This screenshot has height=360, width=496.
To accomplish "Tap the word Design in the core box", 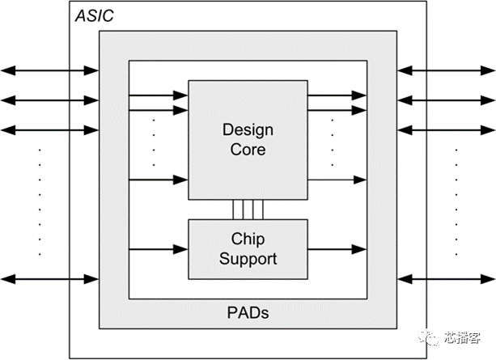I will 248,130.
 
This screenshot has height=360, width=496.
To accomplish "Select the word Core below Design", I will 248,150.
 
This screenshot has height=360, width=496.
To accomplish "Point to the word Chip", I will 248,240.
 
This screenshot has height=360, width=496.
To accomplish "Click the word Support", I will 248,259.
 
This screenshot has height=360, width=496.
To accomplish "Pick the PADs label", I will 248,312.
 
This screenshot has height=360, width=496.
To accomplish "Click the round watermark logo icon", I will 433,337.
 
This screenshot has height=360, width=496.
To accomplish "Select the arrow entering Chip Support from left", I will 159,248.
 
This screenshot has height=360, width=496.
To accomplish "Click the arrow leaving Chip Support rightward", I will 337,248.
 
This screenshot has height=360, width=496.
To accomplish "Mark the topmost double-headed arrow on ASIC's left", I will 49,71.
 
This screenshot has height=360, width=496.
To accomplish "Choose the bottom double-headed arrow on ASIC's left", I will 49,280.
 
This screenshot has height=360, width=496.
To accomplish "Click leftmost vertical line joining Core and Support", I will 233,210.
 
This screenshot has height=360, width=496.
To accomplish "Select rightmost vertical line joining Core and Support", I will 263,210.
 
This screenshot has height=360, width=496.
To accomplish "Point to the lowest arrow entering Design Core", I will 159,179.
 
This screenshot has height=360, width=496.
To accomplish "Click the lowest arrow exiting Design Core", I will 337,179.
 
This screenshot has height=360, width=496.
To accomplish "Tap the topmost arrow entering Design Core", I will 159,95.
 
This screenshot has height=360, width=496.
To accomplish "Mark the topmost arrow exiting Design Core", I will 337,95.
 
